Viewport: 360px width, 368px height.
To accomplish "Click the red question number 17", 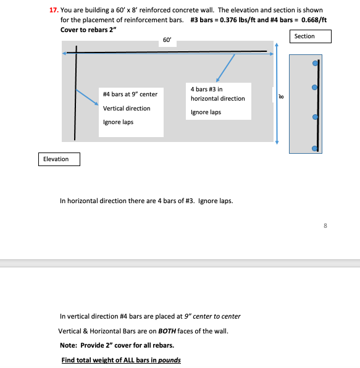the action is [54, 10].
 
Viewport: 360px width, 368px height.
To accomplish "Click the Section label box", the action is [311, 36].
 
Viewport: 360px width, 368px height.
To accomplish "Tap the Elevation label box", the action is [59, 159].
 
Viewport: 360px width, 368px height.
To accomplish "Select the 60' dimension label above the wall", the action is [167, 40].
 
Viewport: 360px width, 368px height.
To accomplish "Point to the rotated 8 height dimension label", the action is [281, 96].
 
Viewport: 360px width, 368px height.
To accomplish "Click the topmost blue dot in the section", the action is [315, 63].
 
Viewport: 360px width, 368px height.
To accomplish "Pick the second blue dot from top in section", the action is [315, 87].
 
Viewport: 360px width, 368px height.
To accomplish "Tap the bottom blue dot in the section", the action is [315, 148].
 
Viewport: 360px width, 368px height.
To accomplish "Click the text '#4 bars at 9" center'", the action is [130, 94].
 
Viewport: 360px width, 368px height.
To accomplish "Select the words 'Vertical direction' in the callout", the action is [127, 109].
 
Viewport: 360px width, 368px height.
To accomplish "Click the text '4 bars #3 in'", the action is [206, 89].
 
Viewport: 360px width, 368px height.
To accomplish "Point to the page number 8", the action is [325, 226].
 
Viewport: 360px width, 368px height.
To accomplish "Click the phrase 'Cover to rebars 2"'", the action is [88, 30].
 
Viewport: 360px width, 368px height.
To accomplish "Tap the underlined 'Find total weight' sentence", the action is [121, 360].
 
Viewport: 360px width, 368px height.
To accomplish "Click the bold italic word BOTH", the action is [167, 331].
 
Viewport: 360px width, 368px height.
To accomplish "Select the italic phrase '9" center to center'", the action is [212, 316].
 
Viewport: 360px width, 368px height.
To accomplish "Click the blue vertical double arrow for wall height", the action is [277, 94].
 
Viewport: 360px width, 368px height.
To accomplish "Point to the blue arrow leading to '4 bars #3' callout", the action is [225, 68].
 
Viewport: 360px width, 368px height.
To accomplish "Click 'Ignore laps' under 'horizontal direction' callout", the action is [206, 112].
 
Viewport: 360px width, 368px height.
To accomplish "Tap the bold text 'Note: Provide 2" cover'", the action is [117, 345].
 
